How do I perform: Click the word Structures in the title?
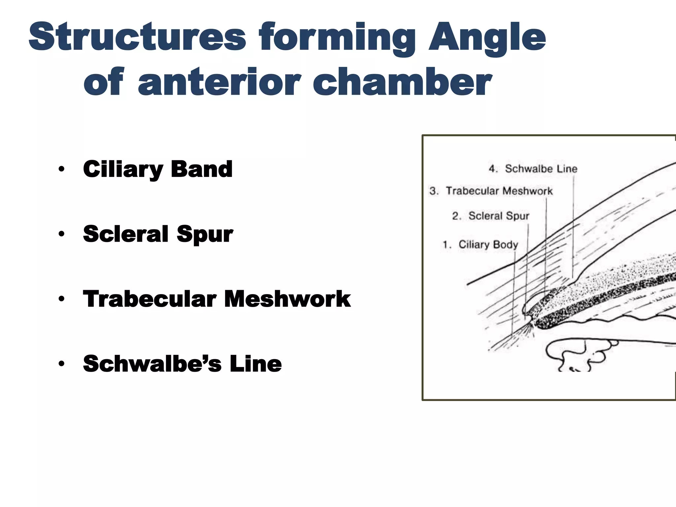[137, 37]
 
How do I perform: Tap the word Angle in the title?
[487, 37]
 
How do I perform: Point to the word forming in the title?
[337, 37]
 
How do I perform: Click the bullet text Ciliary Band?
[158, 169]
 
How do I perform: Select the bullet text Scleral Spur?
[158, 234]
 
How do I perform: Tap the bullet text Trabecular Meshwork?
[217, 299]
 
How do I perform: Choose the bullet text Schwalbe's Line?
[182, 363]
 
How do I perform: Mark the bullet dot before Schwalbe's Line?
[61, 364]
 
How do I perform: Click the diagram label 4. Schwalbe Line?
[533, 169]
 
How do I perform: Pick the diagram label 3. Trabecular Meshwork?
[491, 191]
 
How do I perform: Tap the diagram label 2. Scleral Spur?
[490, 216]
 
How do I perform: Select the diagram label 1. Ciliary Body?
[480, 245]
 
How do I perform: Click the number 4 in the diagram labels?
[492, 169]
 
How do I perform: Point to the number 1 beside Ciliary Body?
[446, 245]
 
